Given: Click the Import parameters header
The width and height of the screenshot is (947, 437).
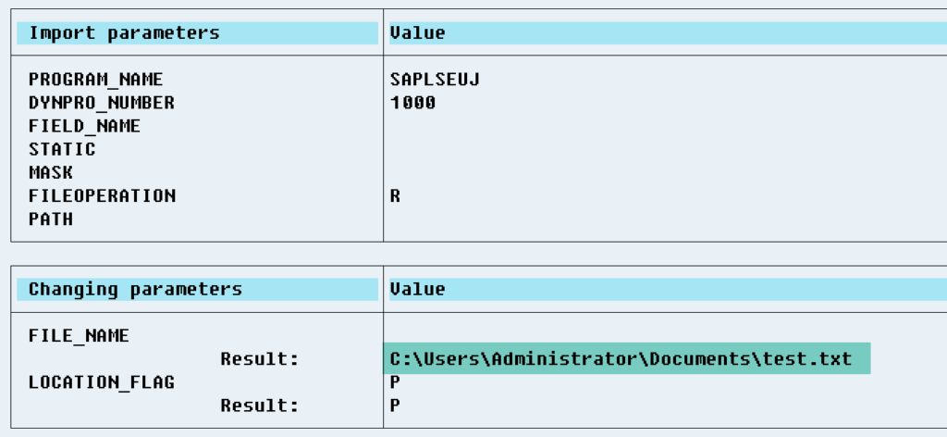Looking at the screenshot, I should click(124, 33).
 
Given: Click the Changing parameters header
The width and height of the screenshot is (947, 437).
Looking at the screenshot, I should click(135, 289).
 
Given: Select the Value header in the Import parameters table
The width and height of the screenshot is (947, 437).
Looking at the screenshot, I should click(418, 33).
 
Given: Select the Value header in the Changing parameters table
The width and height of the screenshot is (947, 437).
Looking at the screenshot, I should click(418, 289).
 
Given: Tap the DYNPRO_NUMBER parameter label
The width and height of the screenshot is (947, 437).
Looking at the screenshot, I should click(101, 103).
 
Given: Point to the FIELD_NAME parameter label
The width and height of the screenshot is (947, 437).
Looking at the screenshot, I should click(84, 126).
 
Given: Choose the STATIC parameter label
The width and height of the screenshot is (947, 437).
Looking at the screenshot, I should click(62, 149).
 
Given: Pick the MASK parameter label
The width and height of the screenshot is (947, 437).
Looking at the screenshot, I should click(51, 173).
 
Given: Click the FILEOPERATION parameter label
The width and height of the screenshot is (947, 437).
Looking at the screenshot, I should click(102, 196).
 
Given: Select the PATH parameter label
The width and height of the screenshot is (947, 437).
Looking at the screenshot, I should click(51, 219).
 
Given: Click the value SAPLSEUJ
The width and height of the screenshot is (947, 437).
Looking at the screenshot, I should click(435, 80).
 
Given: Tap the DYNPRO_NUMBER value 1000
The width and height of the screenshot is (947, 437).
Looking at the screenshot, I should click(412, 103).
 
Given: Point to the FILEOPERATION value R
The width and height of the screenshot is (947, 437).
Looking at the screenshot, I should click(396, 196).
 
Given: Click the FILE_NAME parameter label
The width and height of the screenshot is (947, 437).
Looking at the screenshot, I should click(79, 335).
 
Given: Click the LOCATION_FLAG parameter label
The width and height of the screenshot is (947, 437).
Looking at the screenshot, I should click(101, 381).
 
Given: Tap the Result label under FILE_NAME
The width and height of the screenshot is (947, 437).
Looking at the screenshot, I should click(259, 358).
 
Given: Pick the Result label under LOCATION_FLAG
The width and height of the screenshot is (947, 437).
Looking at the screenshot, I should click(259, 405).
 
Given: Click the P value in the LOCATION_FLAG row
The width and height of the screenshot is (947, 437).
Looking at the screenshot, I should click(396, 381).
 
